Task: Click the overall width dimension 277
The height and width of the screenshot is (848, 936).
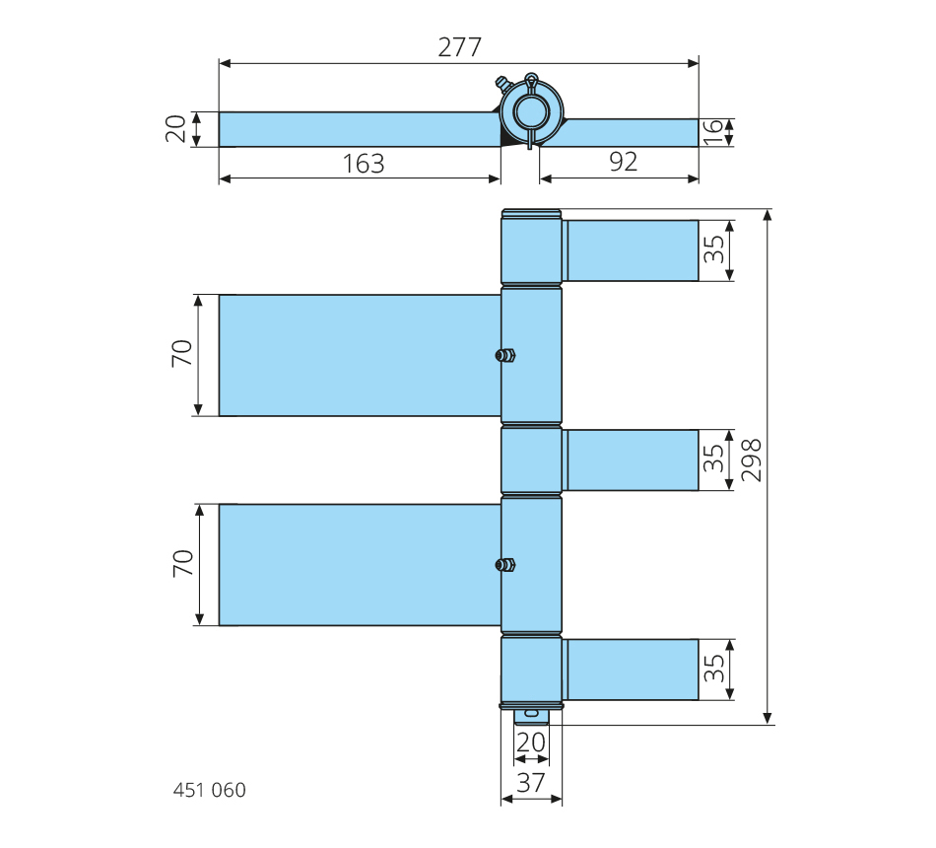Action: coord(459,46)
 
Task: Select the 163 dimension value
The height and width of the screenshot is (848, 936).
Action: coord(364,164)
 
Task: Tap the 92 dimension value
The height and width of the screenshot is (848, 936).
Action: coord(623,162)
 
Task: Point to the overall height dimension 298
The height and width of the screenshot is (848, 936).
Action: coord(752,460)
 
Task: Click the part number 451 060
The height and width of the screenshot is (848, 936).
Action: coord(209,790)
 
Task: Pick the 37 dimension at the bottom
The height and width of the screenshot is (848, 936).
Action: coord(531,783)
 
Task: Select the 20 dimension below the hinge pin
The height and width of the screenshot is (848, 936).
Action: coord(531,742)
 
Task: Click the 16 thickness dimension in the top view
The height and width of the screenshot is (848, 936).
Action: coord(713,132)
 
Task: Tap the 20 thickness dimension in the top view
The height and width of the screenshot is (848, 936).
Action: coord(177,129)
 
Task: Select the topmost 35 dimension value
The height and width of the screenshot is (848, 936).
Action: coord(714,250)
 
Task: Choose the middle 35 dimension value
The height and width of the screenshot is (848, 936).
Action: coord(714,459)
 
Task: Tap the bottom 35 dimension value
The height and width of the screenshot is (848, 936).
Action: coord(714,670)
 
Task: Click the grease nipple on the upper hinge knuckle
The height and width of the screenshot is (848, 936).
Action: coord(505,355)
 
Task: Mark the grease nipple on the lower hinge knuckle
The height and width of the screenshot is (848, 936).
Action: coord(505,565)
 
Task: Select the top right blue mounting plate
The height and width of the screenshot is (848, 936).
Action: coord(633,250)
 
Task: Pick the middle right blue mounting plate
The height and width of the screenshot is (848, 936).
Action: coord(633,459)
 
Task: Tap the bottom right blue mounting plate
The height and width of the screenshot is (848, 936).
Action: coord(633,670)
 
